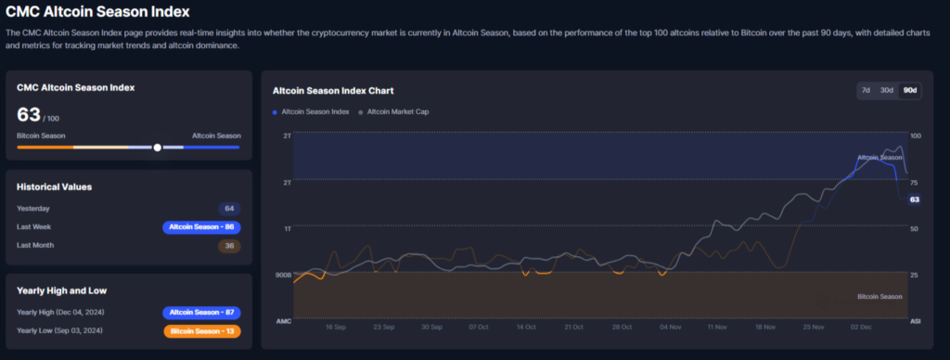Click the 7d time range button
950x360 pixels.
click(866, 90)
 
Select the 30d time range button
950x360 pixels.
click(887, 90)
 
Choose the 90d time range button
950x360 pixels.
click(910, 90)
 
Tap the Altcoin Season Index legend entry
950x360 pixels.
click(311, 112)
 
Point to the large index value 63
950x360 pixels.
click(29, 115)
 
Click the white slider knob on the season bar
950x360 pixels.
click(158, 147)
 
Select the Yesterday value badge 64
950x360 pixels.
click(229, 209)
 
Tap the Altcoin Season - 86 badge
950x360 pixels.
click(201, 227)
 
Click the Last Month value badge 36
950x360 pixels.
click(229, 246)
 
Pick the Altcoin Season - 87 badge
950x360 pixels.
click(201, 313)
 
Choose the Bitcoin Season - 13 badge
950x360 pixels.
click(201, 331)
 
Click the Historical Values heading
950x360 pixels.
click(54, 186)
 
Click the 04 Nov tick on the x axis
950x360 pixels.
click(669, 328)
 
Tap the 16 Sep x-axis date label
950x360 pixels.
click(336, 328)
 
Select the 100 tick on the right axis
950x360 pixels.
click(915, 135)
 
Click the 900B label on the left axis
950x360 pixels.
click(282, 276)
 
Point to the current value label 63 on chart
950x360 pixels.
click(914, 199)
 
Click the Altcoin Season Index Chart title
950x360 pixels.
click(333, 91)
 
